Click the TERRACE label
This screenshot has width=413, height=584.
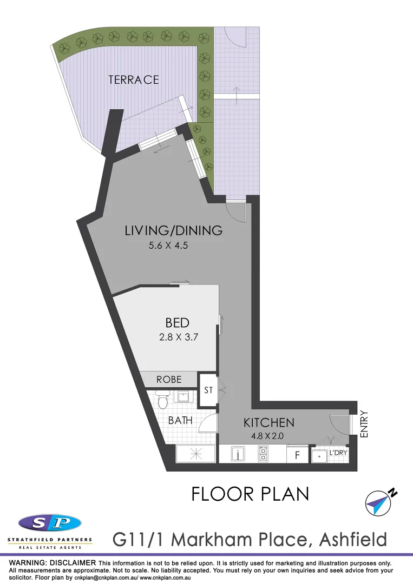(133, 79)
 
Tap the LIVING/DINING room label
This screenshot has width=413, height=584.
(173, 230)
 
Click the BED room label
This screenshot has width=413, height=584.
(177, 323)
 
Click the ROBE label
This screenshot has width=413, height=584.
(169, 380)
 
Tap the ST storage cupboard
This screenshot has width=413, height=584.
(208, 389)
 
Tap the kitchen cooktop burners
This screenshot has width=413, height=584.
(264, 454)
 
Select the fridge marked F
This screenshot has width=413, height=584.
(297, 455)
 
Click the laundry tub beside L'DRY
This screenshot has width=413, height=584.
(319, 456)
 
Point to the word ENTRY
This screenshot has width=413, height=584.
(364, 424)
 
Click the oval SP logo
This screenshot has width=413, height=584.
(50, 523)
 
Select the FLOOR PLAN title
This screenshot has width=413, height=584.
(250, 494)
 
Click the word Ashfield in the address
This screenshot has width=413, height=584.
(353, 539)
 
